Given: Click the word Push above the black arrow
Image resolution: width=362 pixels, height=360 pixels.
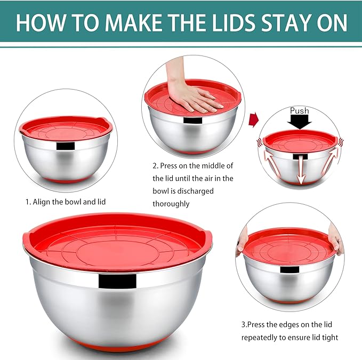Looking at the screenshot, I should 299,111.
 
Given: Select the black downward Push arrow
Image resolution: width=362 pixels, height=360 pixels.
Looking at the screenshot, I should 300,122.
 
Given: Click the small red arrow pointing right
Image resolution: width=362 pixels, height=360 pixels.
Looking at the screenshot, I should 254,119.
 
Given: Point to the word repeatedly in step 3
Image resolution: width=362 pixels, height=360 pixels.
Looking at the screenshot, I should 262,337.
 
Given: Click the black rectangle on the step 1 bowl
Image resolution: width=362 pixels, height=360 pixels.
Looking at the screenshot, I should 65,146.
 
